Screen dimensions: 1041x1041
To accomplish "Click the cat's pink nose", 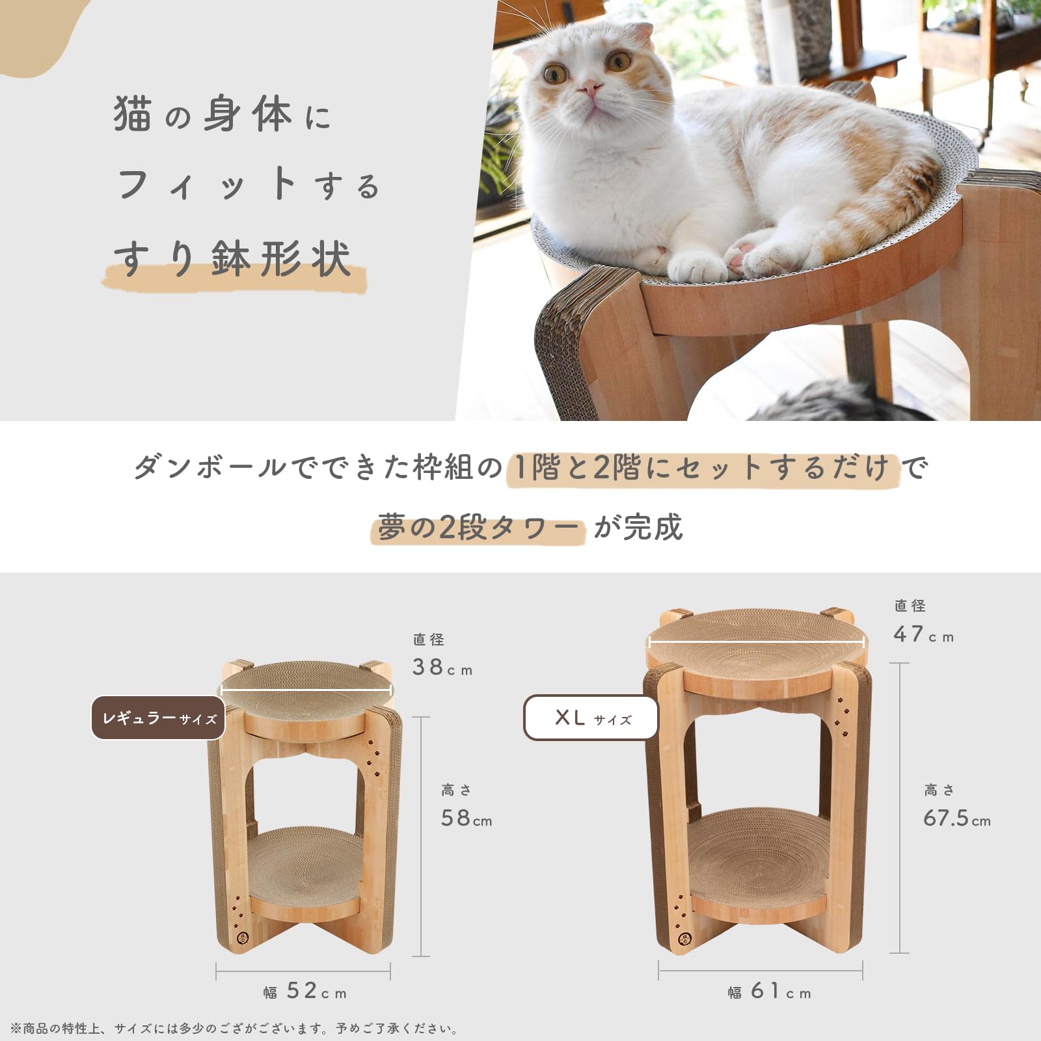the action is coord(589,88).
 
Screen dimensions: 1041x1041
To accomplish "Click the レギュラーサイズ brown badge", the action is coord(158,718).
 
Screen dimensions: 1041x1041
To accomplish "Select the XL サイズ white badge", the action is coord(591,718).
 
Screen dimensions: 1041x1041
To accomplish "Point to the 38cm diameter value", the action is coord(442,667).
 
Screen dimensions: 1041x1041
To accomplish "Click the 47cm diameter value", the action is coord(924,634).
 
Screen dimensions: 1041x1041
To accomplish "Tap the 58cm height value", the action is coord(466,818).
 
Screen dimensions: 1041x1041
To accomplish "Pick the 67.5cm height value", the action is coord(957,818).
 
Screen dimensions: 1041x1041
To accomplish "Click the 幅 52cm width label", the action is coord(305,991).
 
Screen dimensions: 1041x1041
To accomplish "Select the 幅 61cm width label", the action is coord(770,991).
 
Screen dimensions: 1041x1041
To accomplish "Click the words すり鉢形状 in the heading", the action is coord(232,258).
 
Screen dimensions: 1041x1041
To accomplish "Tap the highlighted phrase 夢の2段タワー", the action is coord(477,527).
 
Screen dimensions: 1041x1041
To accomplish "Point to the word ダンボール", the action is coord(210,467).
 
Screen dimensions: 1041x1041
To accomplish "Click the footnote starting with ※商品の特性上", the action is coord(234,1029).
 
